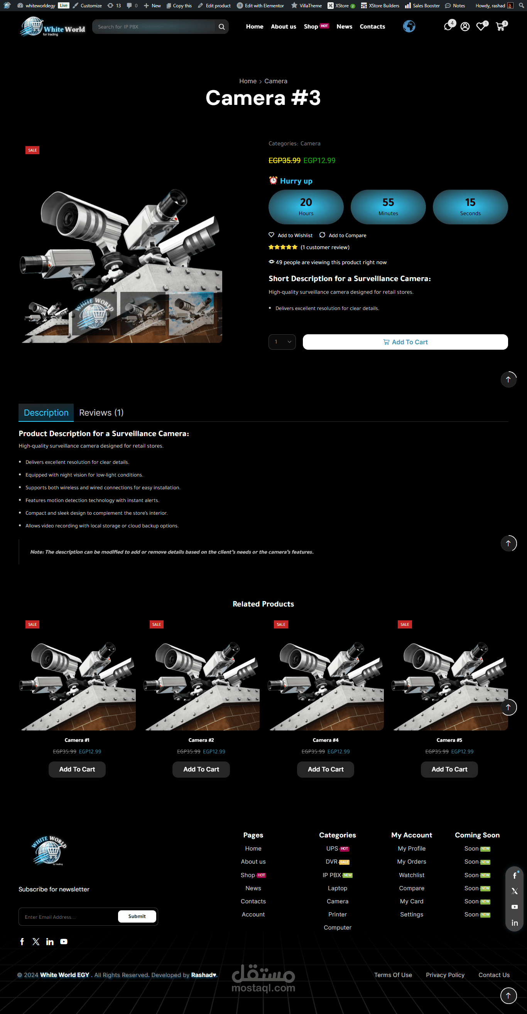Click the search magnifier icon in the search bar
(222, 27)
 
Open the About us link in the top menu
(284, 27)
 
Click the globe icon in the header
(409, 26)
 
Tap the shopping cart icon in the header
(500, 27)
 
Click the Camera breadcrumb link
(276, 81)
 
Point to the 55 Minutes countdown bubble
(388, 207)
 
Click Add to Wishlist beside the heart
(295, 236)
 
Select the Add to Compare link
(347, 236)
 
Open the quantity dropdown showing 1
(282, 342)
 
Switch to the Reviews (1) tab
(101, 413)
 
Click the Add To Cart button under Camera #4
(325, 769)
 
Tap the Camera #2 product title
(201, 740)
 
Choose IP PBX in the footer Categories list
(332, 875)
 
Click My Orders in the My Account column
(412, 862)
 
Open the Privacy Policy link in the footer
(445, 975)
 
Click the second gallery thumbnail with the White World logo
(95, 314)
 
